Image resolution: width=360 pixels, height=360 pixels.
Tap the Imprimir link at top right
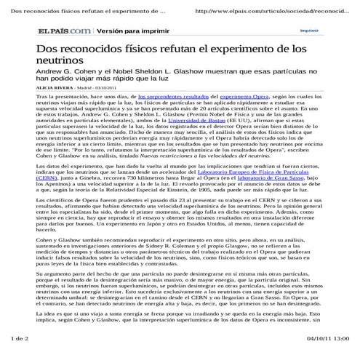click(309, 31)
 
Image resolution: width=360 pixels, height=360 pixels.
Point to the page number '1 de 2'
click(17, 340)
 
